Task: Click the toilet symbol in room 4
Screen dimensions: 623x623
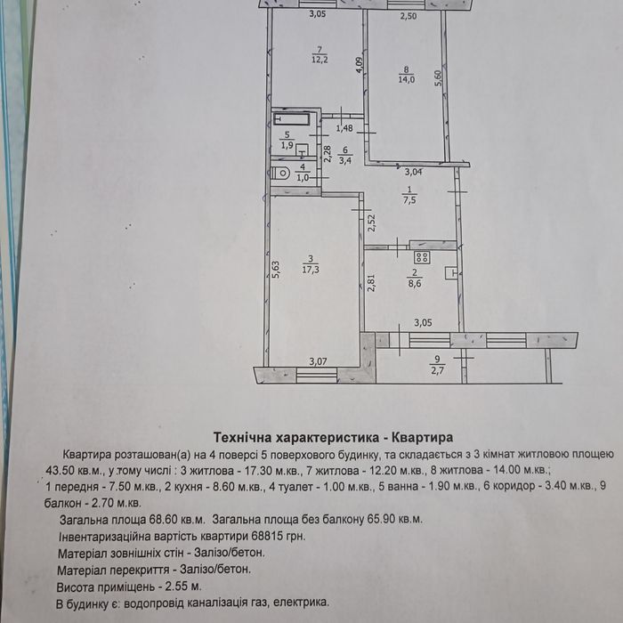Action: coord(282,174)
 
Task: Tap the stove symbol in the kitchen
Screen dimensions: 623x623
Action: coord(422,257)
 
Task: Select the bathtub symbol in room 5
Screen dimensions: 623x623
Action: coord(292,118)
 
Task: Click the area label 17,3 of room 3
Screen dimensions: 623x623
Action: coord(311,270)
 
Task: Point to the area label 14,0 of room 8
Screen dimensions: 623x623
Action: coord(407,79)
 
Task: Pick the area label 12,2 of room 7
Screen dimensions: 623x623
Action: coord(320,60)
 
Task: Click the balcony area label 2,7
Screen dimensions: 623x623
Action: coord(437,371)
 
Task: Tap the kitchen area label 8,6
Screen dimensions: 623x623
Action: coord(415,284)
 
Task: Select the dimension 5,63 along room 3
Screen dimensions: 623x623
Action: coord(277,269)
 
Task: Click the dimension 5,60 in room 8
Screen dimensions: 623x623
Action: coord(438,79)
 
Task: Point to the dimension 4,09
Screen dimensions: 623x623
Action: coord(360,65)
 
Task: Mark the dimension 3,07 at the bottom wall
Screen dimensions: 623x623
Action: coord(318,361)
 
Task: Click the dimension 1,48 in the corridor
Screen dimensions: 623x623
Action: coord(344,128)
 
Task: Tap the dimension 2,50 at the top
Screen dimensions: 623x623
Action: coord(408,16)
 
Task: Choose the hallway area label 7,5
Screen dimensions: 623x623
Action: coord(409,200)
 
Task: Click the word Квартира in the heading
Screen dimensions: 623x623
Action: coord(423,438)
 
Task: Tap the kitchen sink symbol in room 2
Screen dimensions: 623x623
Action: coord(452,272)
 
